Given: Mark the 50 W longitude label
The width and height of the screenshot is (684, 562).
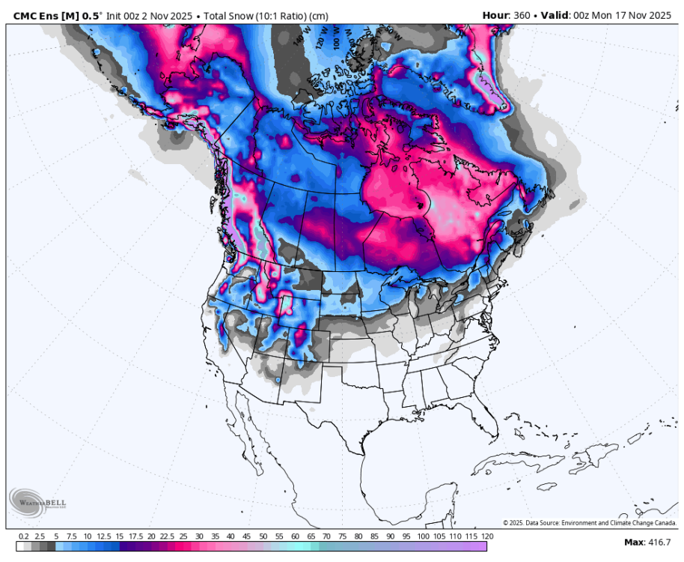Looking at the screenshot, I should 394,34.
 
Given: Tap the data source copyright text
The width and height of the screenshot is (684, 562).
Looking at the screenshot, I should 590,522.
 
